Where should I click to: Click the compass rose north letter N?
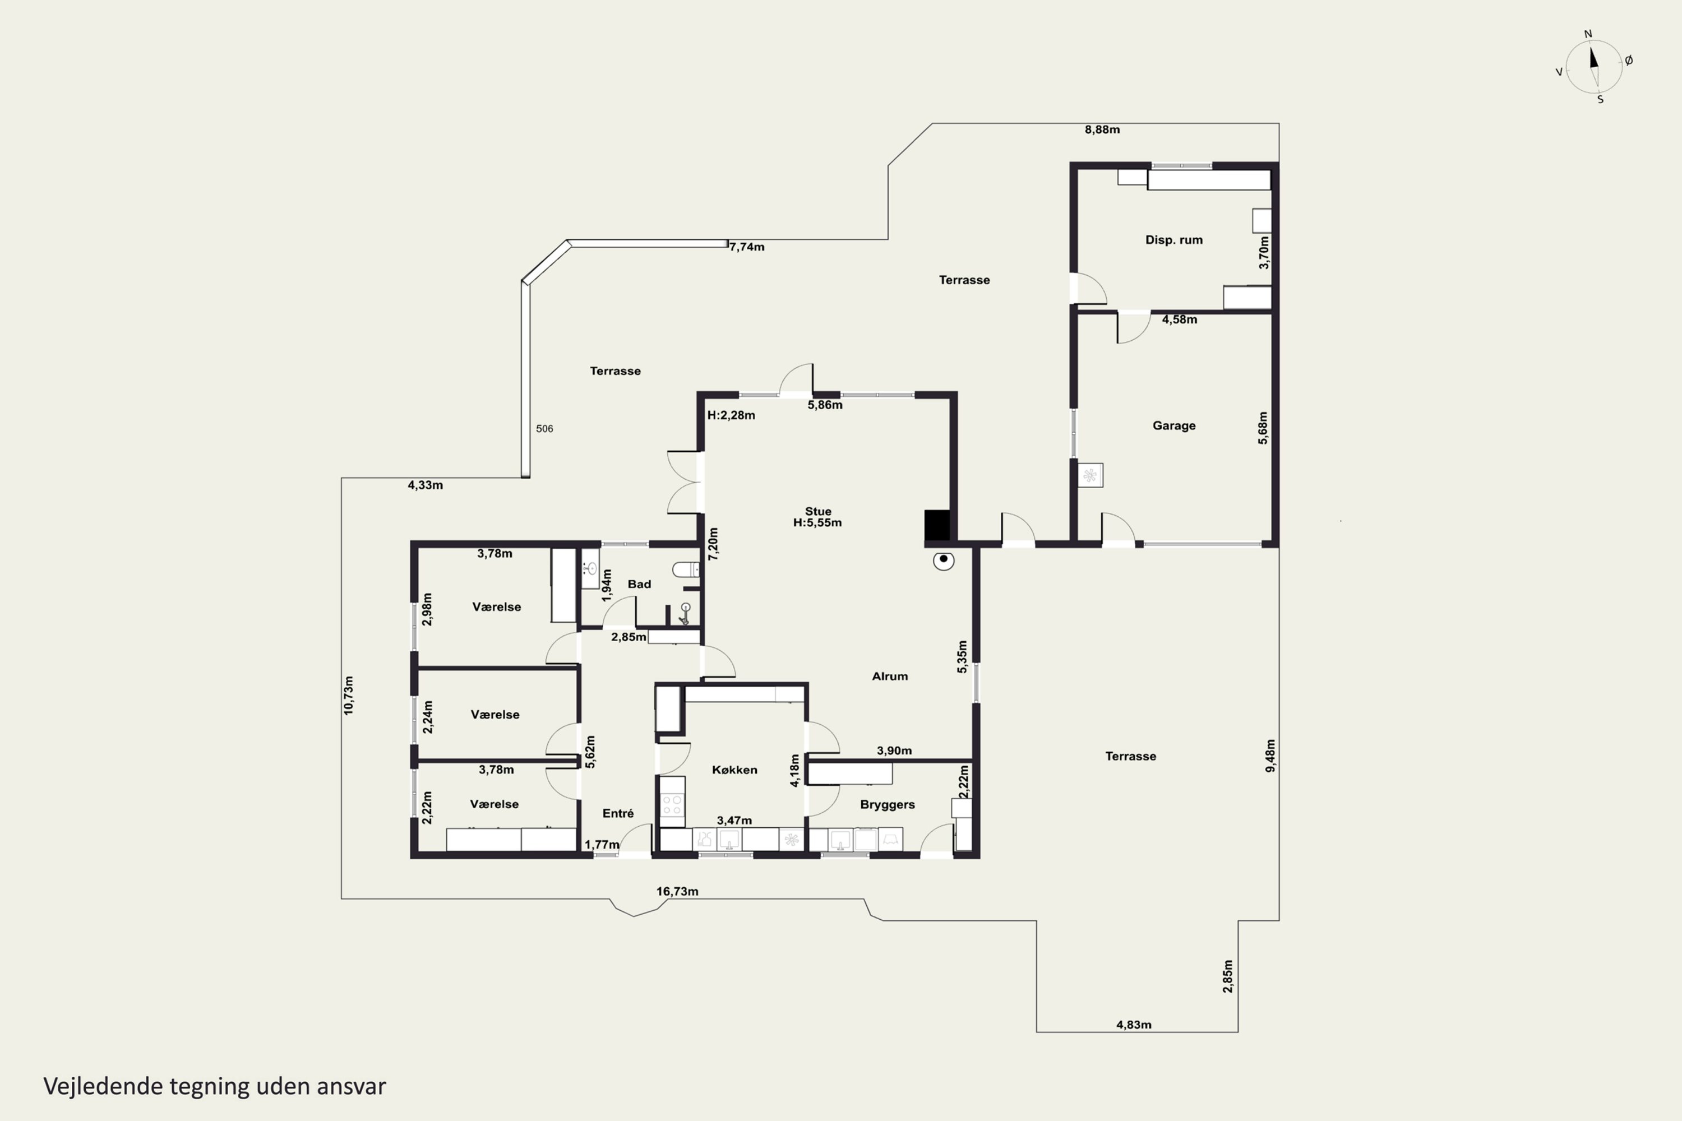coord(1588,34)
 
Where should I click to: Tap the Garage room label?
coord(1173,425)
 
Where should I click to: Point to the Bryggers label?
coord(888,805)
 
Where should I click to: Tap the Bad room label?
coord(639,584)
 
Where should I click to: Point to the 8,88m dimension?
coord(1102,129)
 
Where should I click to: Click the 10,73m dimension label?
coord(348,695)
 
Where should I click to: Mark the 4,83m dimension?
coord(1134,1025)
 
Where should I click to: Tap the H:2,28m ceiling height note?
coord(731,415)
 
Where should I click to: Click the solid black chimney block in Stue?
coord(937,526)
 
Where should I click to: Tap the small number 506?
coord(544,429)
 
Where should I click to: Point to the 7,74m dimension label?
coord(747,247)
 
